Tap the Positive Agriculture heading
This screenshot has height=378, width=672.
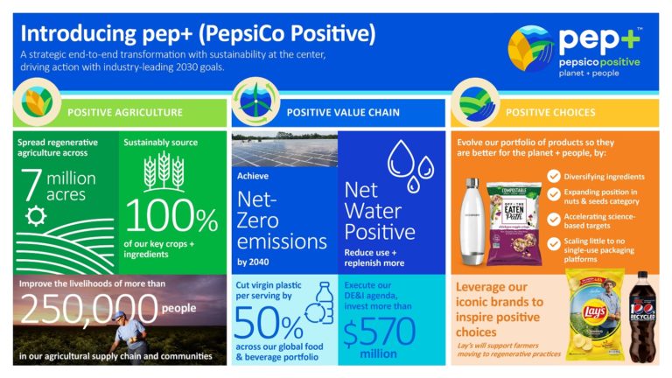(x=125, y=112)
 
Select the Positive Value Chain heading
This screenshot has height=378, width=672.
(x=340, y=112)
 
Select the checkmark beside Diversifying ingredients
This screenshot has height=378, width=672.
(x=553, y=177)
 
